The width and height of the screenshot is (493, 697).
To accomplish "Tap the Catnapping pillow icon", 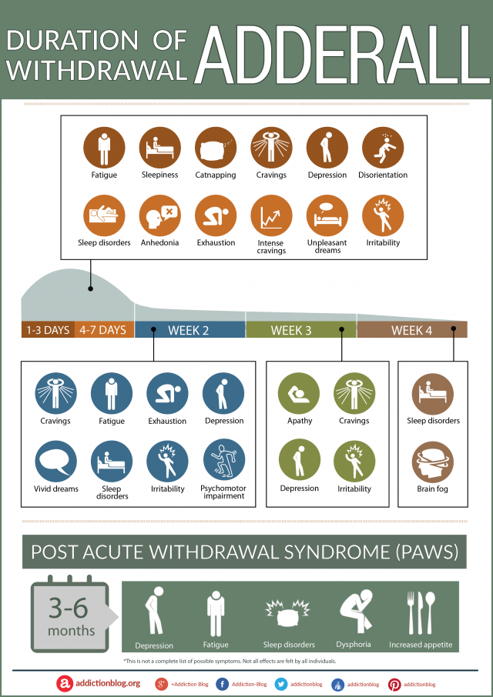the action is (216, 148).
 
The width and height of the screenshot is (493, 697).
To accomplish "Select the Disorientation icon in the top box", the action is (383, 148).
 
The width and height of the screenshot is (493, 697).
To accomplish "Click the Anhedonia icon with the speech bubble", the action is (159, 215).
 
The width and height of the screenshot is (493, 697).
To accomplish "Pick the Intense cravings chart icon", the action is (271, 215).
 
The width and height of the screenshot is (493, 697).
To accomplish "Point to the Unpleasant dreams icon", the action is (327, 215).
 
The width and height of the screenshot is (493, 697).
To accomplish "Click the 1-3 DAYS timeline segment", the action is (48, 330).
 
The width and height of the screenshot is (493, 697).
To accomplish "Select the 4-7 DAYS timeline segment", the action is (104, 330).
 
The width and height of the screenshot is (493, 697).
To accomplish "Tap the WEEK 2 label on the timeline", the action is (189, 330).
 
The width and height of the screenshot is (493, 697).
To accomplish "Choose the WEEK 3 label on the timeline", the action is (291, 330).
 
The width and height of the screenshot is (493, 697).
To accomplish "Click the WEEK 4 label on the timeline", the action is (411, 330).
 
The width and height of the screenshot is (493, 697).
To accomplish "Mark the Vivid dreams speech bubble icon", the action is (55, 462).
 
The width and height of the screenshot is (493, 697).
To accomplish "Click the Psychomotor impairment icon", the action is (224, 461).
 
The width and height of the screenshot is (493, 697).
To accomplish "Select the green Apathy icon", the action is (299, 394).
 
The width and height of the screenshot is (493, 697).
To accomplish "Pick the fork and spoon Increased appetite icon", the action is (421, 612).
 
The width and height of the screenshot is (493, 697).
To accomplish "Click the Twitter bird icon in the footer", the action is (280, 684).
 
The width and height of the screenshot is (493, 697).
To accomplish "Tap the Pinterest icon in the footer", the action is (394, 685).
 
